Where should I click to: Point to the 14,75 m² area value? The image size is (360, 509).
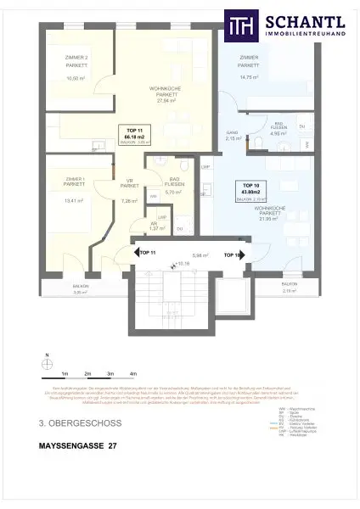(250, 77)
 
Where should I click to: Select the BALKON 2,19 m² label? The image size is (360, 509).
(290, 286)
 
